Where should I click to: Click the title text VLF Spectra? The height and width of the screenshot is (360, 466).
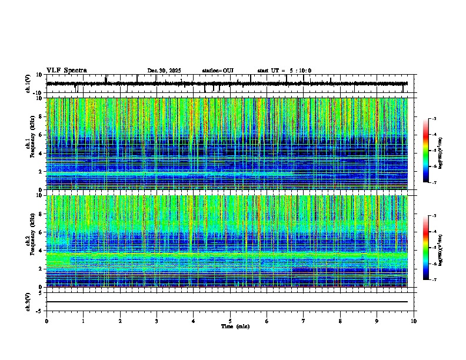pos(66,71)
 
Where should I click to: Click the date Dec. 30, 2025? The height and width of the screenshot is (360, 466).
pos(164,71)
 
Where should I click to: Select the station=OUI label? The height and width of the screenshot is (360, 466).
pos(218,71)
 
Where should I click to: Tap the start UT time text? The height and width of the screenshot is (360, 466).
pos(284,71)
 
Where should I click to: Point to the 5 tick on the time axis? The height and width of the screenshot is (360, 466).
pos(230,321)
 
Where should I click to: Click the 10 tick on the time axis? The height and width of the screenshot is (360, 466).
pos(414,321)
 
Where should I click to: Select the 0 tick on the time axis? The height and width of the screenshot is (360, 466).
pos(46,321)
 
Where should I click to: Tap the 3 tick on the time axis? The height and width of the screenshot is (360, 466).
pos(157,321)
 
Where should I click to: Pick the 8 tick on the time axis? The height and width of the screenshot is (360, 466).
pos(340,321)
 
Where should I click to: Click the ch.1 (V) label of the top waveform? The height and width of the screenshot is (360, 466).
pos(28,84)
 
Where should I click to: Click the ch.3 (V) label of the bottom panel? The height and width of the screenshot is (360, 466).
pos(28,301)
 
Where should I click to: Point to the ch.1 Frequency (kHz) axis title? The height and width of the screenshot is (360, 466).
pos(31,144)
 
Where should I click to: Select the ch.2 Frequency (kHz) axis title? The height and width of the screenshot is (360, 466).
pos(31,241)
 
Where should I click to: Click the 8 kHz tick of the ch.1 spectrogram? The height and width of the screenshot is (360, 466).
pos(42,116)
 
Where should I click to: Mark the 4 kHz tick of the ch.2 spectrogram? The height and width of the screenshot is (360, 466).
pos(42,251)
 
